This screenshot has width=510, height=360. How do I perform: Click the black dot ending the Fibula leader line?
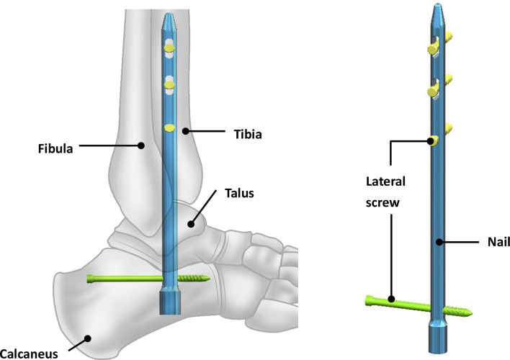tap(142, 145)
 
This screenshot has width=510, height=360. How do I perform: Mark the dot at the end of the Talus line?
tap(192, 224)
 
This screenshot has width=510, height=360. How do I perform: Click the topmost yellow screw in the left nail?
tap(170, 49)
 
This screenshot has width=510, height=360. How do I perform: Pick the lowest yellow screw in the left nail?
tap(170, 128)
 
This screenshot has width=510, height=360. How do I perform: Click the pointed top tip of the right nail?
tap(437, 9)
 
